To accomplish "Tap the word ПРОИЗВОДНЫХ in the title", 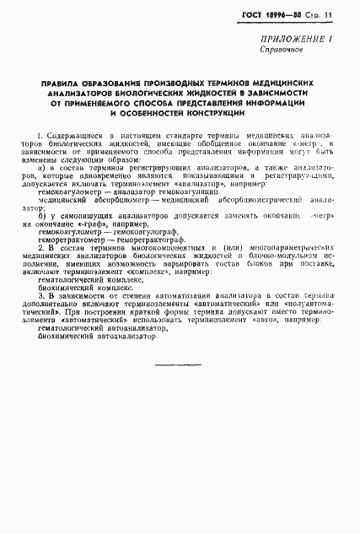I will (x=157, y=83).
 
